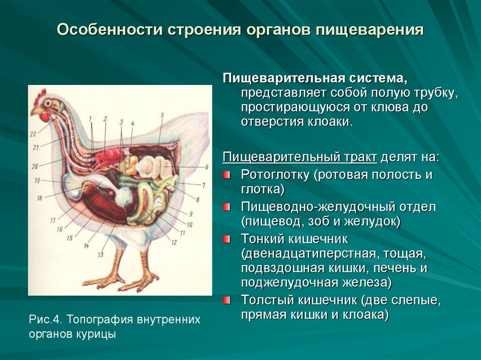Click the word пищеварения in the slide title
(370, 31)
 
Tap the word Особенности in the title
(109, 30)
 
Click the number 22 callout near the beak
(33, 134)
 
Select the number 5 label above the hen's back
(162, 115)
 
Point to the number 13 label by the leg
(101, 254)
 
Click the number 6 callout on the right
(207, 167)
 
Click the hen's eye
(48, 103)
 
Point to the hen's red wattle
(45, 117)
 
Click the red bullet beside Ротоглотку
(226, 175)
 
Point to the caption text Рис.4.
(46, 320)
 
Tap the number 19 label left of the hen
(37, 181)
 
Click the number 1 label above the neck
(91, 118)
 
